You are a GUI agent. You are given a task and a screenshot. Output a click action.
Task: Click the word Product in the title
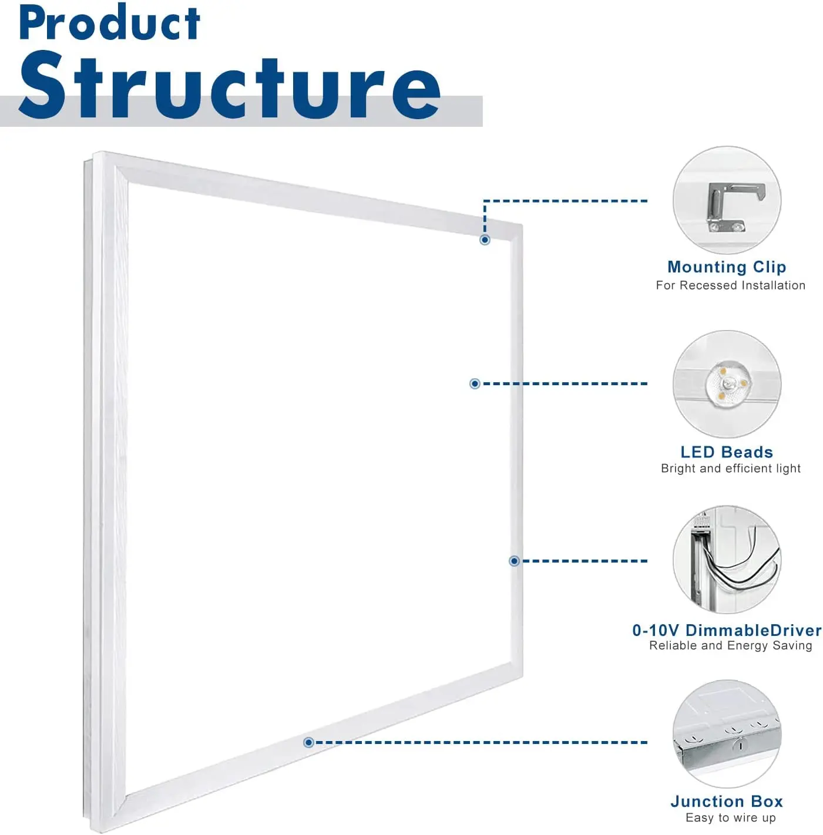(109, 23)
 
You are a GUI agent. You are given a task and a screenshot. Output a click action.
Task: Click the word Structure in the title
(229, 86)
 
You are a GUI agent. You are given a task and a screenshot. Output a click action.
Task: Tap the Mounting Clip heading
(727, 267)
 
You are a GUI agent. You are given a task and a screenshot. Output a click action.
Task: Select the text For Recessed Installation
(730, 285)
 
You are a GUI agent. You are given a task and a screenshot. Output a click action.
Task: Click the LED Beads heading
(727, 452)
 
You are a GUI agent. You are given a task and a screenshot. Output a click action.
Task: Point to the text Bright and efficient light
(730, 469)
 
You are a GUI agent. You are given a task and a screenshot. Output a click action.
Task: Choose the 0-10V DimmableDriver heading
(727, 631)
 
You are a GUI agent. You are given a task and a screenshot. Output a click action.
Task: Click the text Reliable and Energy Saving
(730, 646)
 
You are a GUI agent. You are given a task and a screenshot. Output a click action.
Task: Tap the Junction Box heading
(727, 802)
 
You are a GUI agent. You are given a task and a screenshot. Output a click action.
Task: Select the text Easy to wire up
(730, 818)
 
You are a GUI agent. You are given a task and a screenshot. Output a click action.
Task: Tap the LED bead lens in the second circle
(728, 385)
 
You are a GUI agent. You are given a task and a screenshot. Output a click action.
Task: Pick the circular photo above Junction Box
(727, 734)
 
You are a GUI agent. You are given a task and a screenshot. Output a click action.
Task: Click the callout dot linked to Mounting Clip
(485, 240)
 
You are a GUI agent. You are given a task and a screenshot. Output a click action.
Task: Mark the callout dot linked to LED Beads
(475, 383)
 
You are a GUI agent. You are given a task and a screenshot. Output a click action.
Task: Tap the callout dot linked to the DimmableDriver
(514, 561)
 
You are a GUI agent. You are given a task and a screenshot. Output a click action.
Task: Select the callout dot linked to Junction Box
(308, 743)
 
